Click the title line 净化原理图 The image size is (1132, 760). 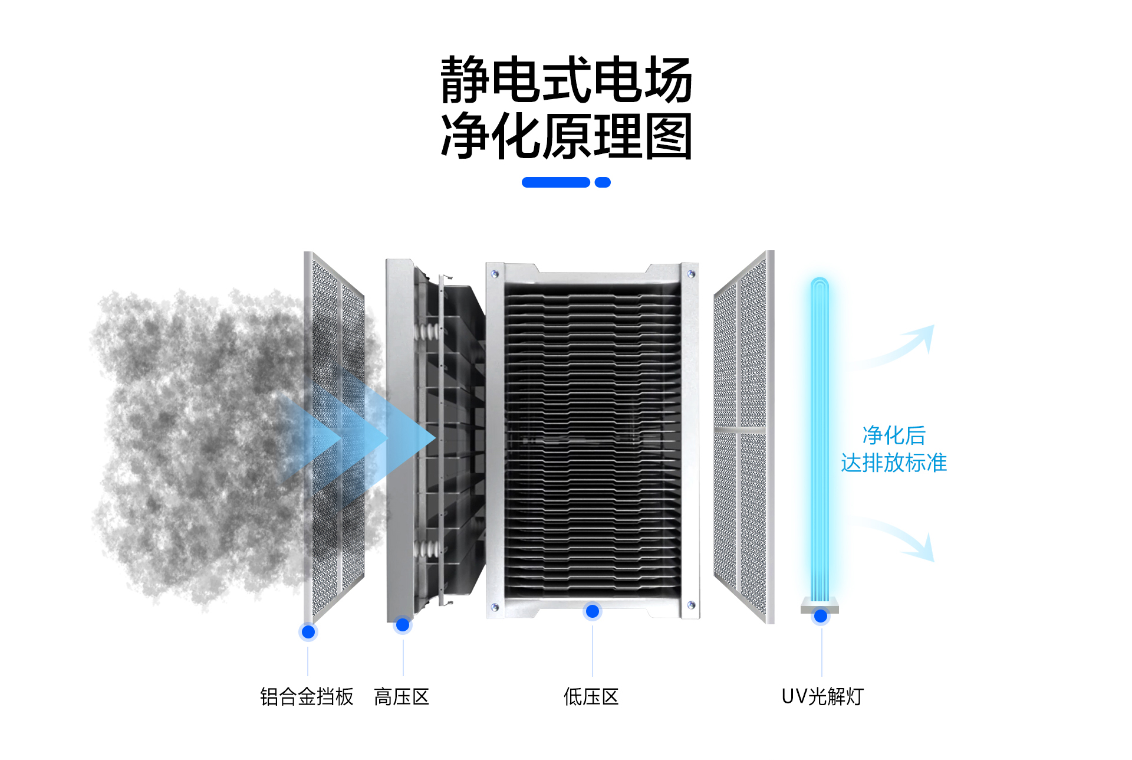click(x=566, y=136)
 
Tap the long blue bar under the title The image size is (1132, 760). click(x=555, y=182)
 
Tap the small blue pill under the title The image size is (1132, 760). click(x=603, y=182)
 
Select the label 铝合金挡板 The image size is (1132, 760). click(x=307, y=697)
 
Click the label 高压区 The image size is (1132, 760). click(x=402, y=697)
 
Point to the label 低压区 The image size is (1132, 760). click(x=591, y=697)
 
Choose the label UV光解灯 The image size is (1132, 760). click(x=822, y=697)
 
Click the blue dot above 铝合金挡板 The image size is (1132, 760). click(x=308, y=632)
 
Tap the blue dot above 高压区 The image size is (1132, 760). click(x=403, y=625)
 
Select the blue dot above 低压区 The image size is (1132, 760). click(x=593, y=611)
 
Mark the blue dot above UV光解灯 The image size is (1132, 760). click(x=821, y=617)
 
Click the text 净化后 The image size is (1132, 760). click(x=894, y=435)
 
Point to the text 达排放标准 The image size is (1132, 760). click(x=894, y=463)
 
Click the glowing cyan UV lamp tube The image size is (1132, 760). click(x=820, y=437)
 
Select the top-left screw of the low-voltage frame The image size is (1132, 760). click(x=495, y=274)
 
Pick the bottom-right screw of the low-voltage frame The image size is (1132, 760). click(x=691, y=605)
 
